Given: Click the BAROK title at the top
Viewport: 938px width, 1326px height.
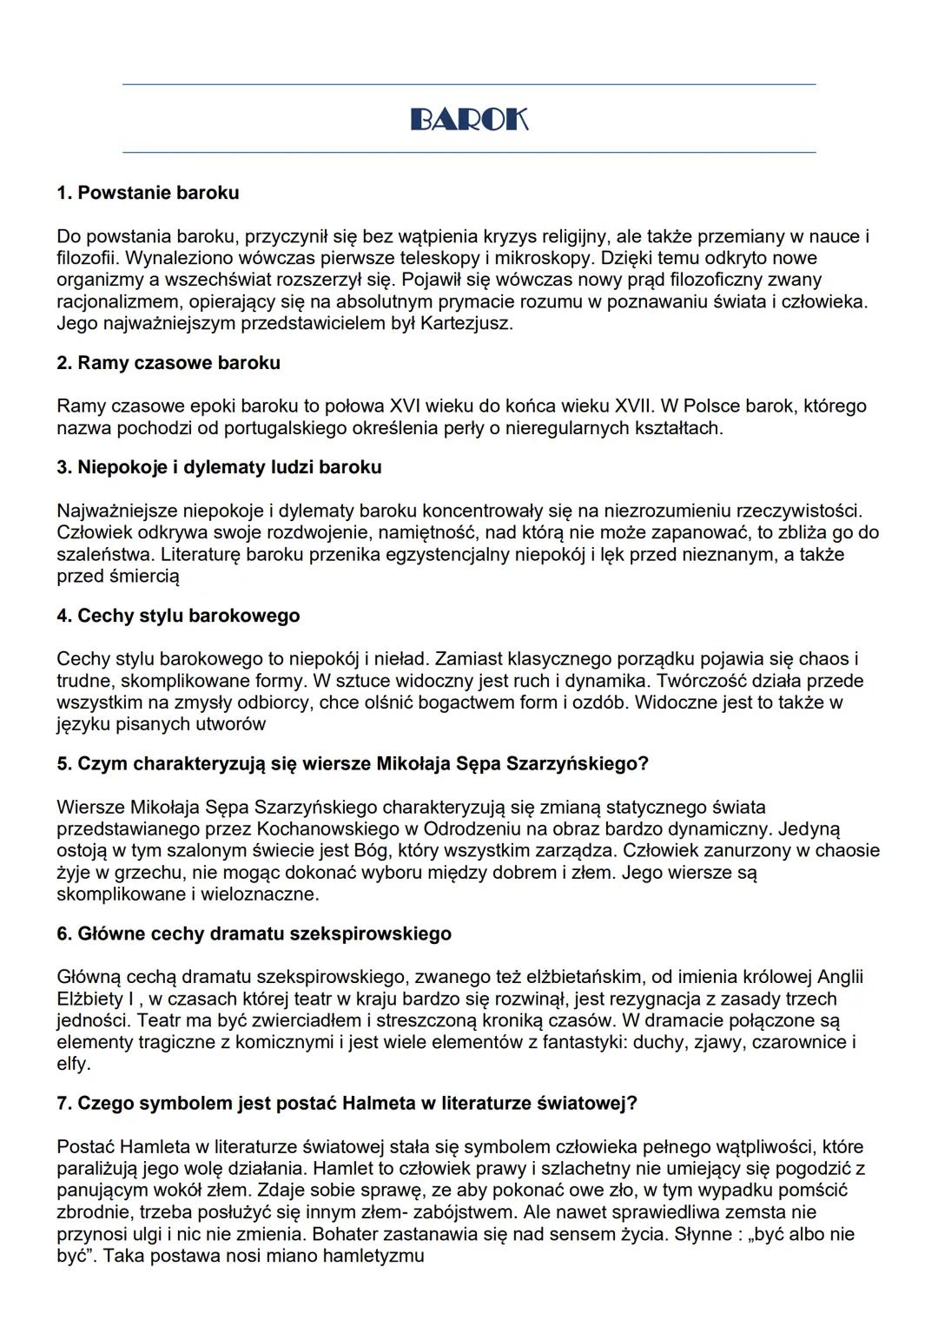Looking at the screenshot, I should (x=469, y=119).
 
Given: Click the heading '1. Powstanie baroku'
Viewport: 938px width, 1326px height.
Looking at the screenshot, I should (x=148, y=193).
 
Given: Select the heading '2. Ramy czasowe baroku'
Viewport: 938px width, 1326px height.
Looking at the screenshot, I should (x=168, y=363).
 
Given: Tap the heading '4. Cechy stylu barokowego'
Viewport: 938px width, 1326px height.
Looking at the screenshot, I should (x=178, y=616).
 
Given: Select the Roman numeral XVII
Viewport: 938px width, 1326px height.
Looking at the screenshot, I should (x=632, y=406).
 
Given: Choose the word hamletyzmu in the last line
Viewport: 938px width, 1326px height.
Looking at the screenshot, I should (x=373, y=1256).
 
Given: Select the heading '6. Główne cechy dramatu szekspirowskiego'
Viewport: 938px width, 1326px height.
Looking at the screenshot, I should (x=254, y=934).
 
